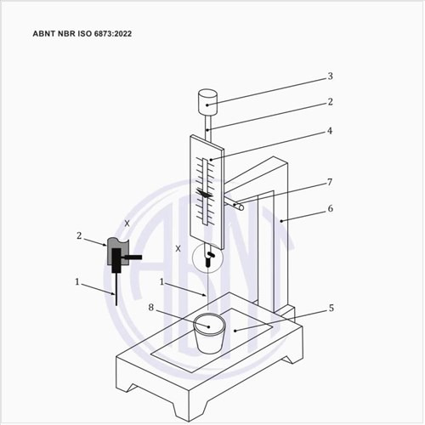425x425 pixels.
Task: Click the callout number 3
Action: [x=330, y=76]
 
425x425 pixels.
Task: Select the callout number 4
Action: [x=330, y=131]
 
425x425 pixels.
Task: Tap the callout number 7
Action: [x=330, y=182]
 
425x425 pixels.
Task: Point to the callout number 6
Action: [x=330, y=208]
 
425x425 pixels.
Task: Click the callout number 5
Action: [x=331, y=308]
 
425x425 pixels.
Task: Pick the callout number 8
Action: [x=151, y=308]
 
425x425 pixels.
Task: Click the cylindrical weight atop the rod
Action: [x=207, y=102]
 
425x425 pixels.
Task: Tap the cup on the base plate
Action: [x=209, y=333]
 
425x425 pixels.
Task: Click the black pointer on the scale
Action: [x=205, y=194]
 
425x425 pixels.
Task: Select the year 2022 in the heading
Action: [x=123, y=34]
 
